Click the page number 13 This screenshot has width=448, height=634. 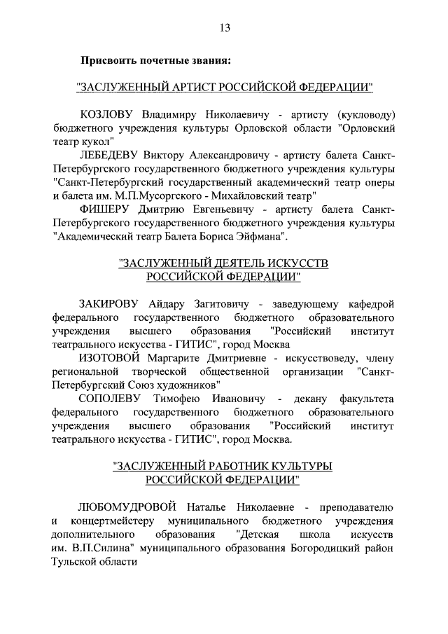point(224,28)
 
